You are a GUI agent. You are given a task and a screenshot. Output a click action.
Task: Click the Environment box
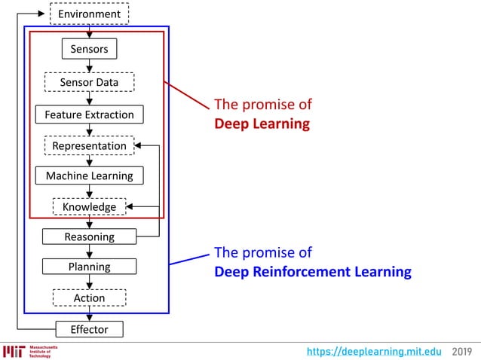tap(89, 14)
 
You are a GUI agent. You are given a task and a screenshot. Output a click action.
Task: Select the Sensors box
tap(89, 50)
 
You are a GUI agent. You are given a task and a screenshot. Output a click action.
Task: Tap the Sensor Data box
tap(89, 82)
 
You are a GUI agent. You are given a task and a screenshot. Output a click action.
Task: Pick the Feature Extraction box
tap(89, 114)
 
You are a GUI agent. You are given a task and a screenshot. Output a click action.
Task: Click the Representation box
tap(89, 145)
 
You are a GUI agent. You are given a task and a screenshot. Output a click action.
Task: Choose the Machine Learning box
tap(89, 175)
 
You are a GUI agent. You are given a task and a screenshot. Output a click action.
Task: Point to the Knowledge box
tap(89, 206)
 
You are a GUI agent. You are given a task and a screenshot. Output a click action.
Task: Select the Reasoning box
tap(89, 236)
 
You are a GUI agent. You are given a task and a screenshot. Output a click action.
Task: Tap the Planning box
tap(89, 267)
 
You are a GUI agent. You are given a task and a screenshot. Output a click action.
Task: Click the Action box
tap(89, 298)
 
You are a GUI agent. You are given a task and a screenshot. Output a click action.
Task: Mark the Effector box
tap(89, 329)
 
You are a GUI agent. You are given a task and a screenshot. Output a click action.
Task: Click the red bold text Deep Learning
tap(262, 124)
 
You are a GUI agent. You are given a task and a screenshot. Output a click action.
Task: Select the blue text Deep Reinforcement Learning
tap(313, 271)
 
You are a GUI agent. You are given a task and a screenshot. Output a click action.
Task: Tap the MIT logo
tap(14, 352)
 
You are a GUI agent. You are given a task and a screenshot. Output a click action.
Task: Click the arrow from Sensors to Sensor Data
tap(89, 66)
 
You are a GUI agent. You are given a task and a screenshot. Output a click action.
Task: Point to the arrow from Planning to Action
tap(89, 282)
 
